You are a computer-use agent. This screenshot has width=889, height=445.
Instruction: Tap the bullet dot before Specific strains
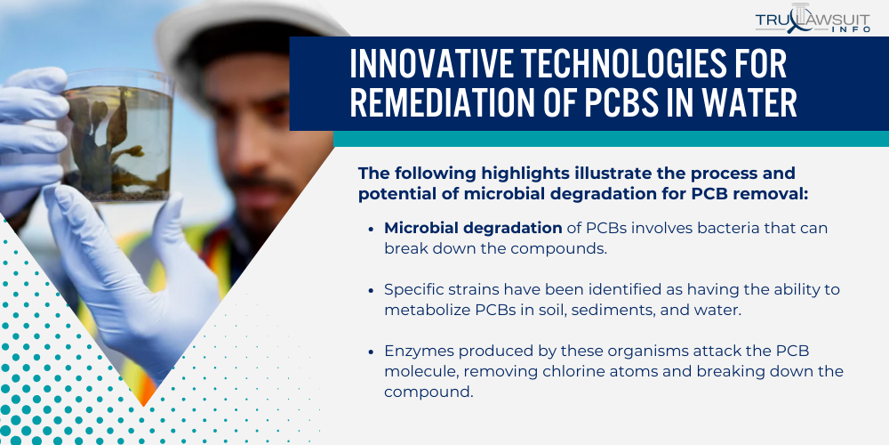[x=372, y=290]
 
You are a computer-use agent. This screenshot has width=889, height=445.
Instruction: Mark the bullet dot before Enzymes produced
[x=372, y=352]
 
